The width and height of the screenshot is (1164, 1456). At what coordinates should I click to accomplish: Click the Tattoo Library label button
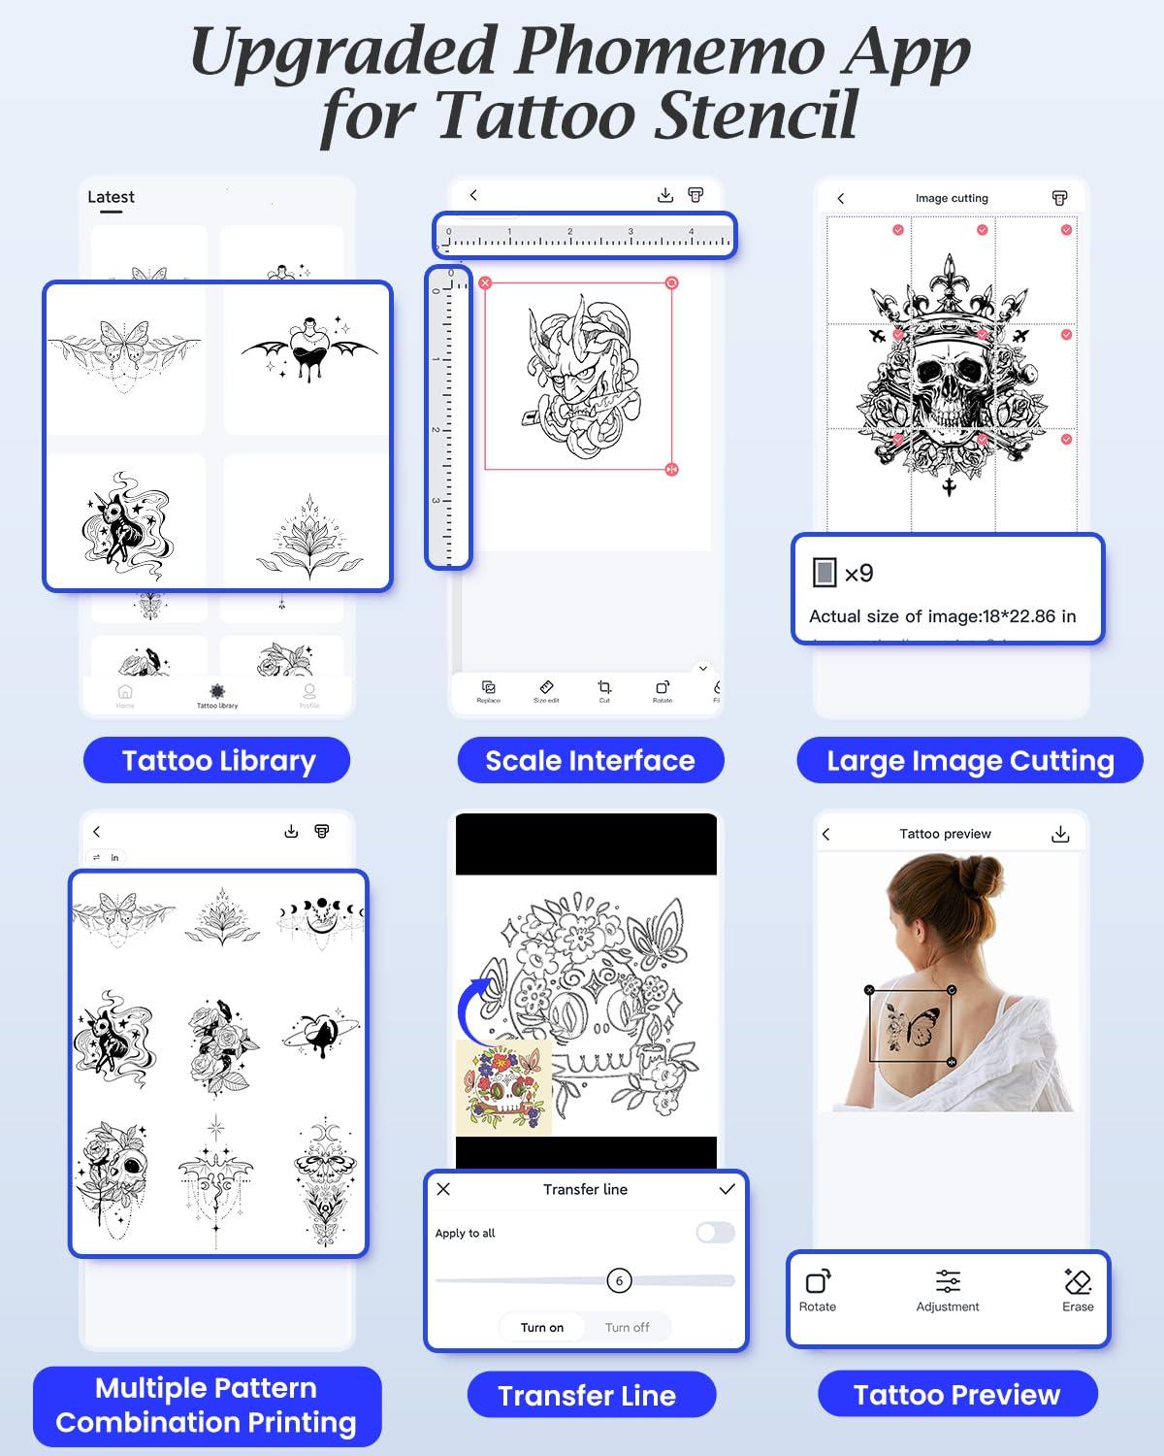[x=216, y=760]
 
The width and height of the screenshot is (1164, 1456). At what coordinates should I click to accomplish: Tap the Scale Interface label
[x=590, y=760]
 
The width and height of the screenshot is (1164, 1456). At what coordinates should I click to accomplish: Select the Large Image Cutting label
[x=969, y=760]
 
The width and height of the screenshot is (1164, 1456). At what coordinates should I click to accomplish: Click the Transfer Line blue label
[x=587, y=1395]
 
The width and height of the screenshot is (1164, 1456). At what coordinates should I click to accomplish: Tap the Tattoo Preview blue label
[x=956, y=1394]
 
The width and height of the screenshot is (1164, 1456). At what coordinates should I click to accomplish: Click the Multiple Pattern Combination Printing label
[x=207, y=1405]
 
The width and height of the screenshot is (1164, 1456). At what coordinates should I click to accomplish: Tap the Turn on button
[x=542, y=1327]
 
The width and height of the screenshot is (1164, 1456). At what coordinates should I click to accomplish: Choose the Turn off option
[x=628, y=1327]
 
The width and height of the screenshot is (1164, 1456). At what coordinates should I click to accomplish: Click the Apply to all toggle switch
[x=715, y=1233]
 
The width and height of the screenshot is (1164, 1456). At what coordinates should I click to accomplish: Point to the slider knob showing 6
[x=619, y=1280]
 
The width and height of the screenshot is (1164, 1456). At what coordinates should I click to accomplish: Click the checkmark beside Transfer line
[x=727, y=1189]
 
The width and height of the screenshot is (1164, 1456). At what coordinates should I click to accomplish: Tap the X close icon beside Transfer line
[x=443, y=1189]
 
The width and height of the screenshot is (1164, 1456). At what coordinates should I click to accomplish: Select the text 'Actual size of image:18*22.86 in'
[x=942, y=616]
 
